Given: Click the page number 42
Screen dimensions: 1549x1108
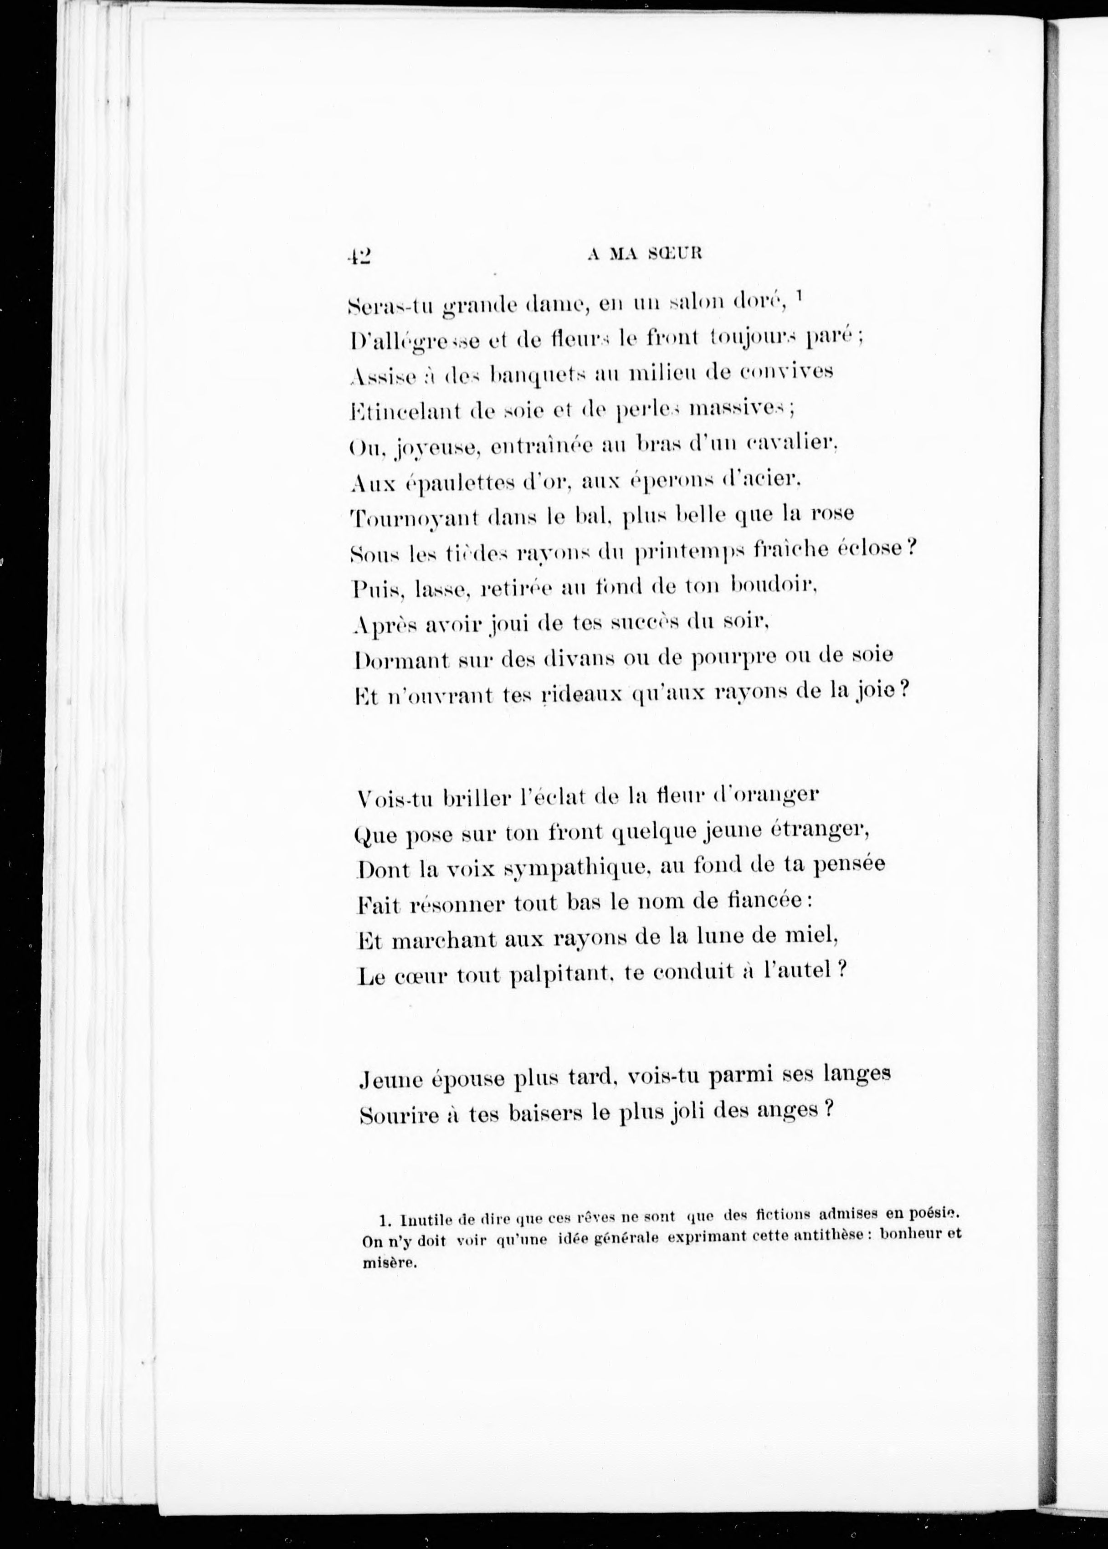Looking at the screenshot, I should point(358,255).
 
